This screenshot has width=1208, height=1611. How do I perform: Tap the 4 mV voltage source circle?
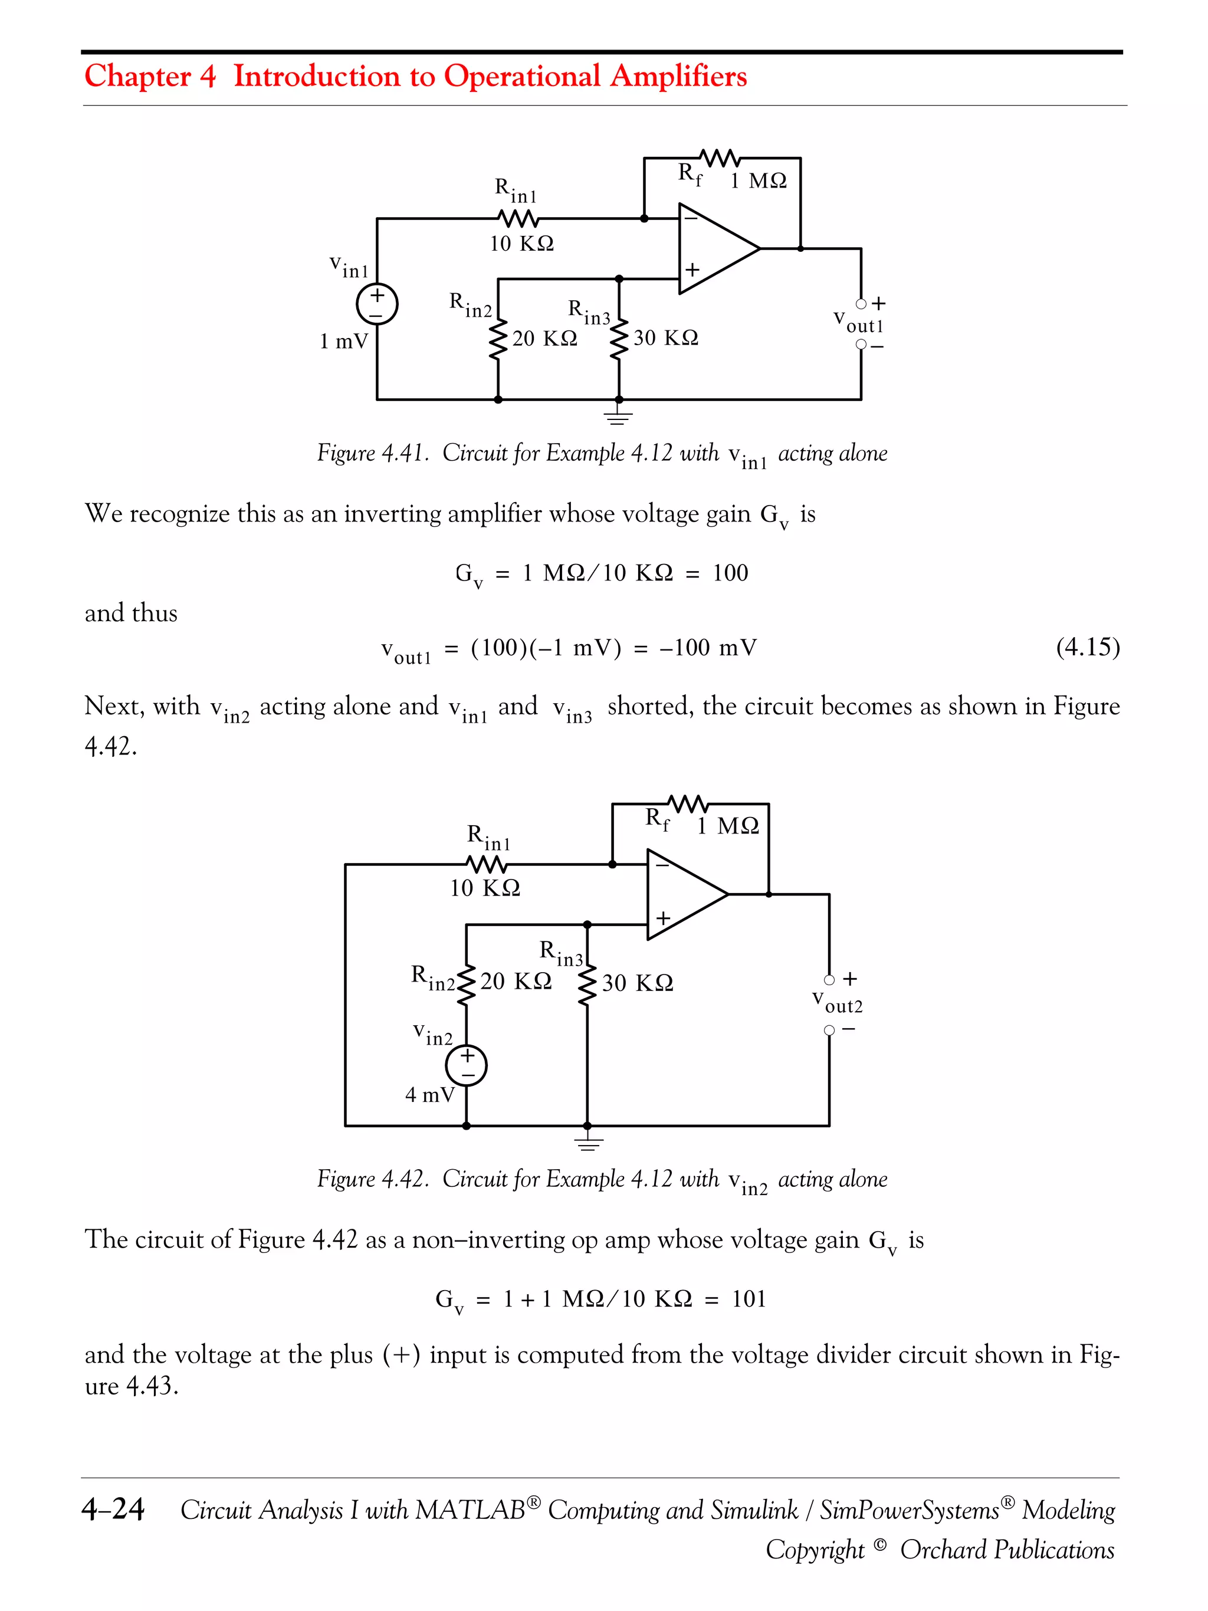click(466, 1065)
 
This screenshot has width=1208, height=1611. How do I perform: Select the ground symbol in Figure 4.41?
click(618, 416)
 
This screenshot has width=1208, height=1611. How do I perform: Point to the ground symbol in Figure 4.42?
click(587, 1142)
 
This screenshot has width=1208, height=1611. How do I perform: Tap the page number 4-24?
click(113, 1509)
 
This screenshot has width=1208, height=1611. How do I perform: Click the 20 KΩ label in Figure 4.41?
click(544, 339)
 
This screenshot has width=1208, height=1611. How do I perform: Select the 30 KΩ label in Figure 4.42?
click(637, 983)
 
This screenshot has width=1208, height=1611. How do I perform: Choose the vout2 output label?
click(838, 1002)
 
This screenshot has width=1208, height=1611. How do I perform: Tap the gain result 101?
click(749, 1300)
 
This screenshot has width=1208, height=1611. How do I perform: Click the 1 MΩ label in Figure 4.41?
click(758, 181)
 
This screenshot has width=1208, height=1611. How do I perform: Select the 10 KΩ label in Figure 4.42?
click(485, 888)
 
